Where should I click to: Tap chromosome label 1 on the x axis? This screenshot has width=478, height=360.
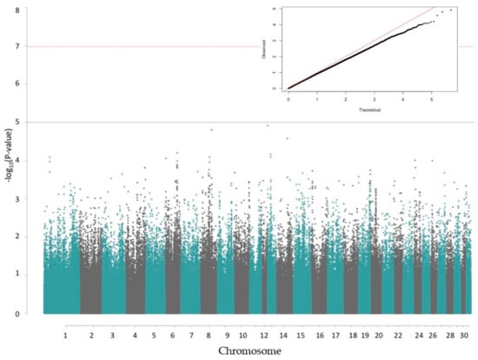(x=64, y=334)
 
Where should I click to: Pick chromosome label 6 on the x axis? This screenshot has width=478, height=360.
(x=173, y=334)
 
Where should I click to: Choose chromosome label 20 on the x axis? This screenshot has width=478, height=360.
(x=377, y=334)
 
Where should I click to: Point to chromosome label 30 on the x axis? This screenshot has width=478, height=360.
(x=466, y=334)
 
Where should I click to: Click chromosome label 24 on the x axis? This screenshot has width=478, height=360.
(x=419, y=334)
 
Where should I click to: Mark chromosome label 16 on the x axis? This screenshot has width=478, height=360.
(x=319, y=334)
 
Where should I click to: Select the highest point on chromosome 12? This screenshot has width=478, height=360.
(x=268, y=125)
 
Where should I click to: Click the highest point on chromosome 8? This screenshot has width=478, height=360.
(x=211, y=130)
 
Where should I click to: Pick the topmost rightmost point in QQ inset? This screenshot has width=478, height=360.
(x=450, y=10)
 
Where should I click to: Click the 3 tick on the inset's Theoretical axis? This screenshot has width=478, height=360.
(x=373, y=98)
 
